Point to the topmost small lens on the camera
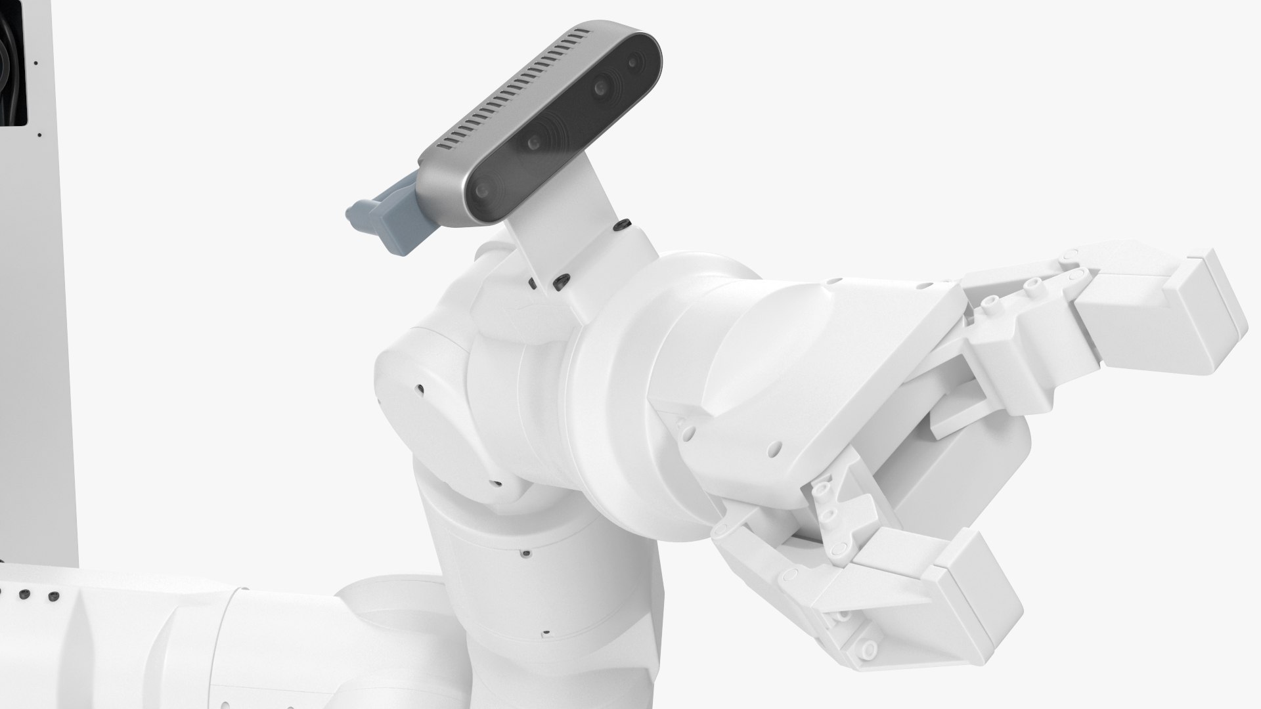[633, 62]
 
